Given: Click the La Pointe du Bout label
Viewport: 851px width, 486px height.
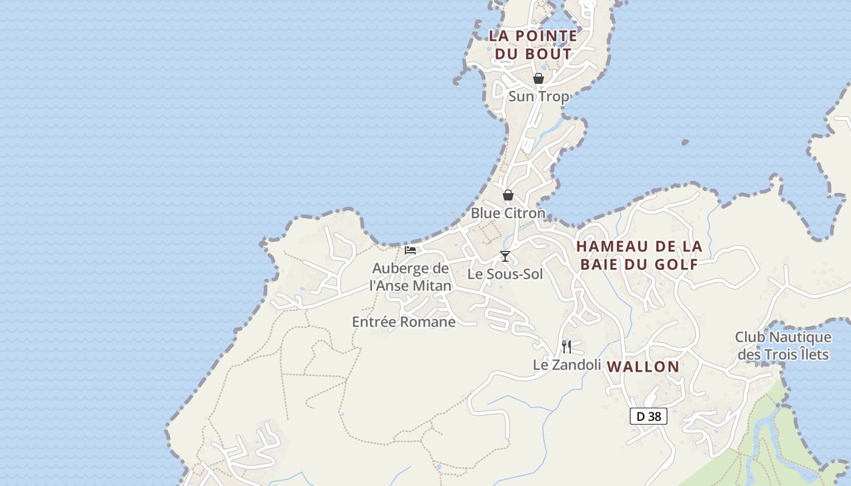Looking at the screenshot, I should (533, 44).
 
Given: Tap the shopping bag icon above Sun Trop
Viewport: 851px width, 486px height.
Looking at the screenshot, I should (538, 78).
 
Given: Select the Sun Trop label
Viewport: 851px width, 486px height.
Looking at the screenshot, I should (539, 96).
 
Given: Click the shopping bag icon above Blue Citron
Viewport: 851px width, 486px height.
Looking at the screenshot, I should (508, 195).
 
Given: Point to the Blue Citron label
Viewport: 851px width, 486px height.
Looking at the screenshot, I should (508, 213).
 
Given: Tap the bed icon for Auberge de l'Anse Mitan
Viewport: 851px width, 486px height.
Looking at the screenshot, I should (410, 250).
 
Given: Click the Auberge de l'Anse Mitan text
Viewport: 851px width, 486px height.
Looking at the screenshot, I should (410, 276).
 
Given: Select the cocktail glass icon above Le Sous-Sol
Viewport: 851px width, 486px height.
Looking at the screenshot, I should (505, 256).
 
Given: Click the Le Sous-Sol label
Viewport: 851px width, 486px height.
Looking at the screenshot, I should (505, 274).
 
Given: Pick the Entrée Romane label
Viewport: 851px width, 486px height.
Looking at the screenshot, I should (404, 322).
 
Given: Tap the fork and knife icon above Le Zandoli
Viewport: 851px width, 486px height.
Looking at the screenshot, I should (567, 347).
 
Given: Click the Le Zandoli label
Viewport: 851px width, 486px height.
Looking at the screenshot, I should (567, 364).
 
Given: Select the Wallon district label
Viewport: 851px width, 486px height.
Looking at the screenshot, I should (643, 366).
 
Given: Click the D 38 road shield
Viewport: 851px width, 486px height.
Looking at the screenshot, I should (649, 416).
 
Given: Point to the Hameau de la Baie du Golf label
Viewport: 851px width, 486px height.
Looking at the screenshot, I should (639, 255).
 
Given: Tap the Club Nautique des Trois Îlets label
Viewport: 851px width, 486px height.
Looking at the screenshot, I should (783, 345).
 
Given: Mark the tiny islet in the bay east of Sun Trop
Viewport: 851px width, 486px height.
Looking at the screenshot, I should (685, 143).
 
